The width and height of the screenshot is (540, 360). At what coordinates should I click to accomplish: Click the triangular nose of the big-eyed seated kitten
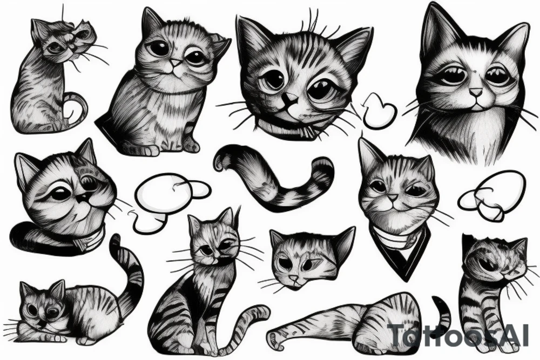click(x=174, y=64)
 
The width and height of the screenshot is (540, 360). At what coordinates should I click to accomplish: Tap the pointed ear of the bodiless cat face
click(x=343, y=240)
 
